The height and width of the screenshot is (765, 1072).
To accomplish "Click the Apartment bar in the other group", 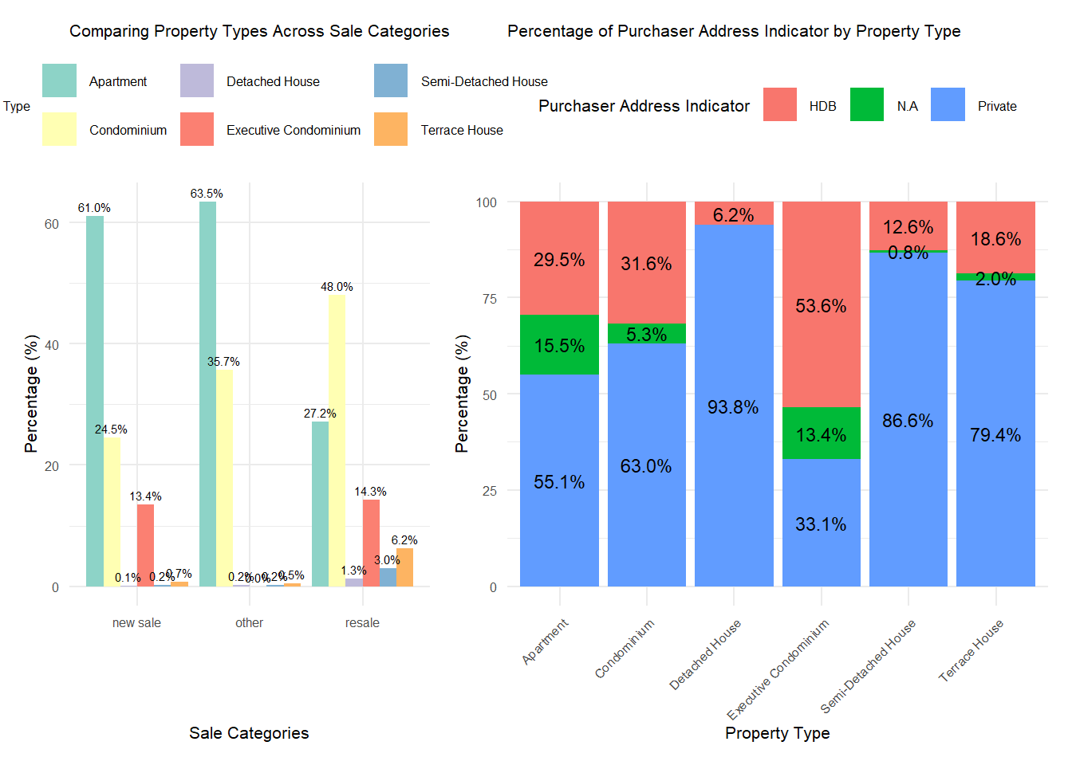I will (x=207, y=394).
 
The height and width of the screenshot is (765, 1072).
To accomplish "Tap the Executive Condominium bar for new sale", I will (x=145, y=545).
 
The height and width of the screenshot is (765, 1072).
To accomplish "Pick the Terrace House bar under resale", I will (x=404, y=567).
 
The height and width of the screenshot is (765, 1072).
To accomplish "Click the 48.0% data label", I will (x=337, y=287).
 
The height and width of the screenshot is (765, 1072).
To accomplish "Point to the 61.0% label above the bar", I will (x=94, y=208).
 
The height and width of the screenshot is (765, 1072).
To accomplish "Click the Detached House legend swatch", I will (x=197, y=80).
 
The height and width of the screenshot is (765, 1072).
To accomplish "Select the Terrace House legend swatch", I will (x=391, y=129).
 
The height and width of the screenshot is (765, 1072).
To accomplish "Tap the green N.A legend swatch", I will (x=867, y=104).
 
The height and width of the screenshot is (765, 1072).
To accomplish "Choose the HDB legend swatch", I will (x=780, y=104).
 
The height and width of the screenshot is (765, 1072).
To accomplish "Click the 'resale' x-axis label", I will (x=362, y=623).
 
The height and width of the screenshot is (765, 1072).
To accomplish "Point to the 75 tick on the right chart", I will (x=487, y=299).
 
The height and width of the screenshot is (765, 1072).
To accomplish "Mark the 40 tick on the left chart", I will (x=52, y=345).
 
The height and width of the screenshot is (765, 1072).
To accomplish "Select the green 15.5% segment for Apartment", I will (x=559, y=344).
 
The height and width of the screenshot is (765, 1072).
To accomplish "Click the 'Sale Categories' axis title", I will (x=249, y=733).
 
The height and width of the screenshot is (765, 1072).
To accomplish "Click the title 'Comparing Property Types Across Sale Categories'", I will (x=259, y=31).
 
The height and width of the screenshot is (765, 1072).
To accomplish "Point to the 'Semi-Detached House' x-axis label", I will (x=869, y=666).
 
